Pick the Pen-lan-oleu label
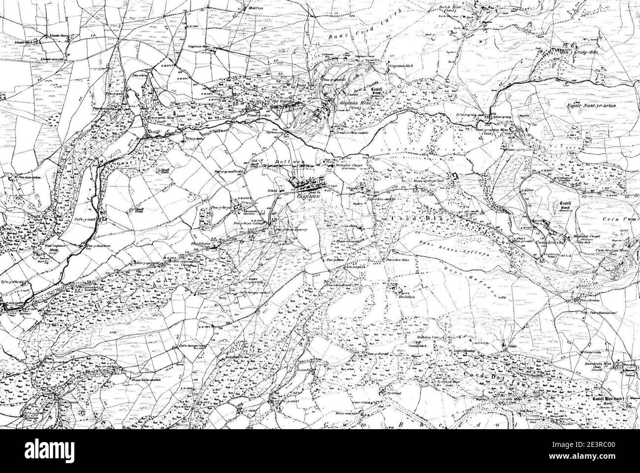[28, 176]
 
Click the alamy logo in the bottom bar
[56, 451]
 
